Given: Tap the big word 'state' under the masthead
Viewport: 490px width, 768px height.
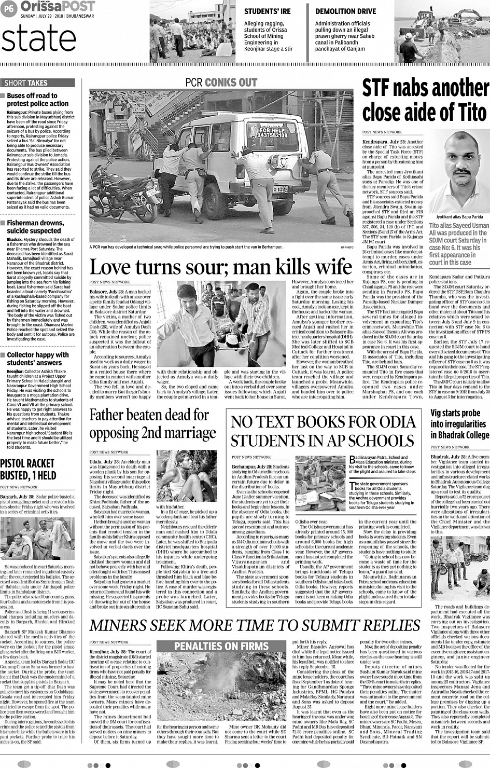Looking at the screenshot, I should point(39,39).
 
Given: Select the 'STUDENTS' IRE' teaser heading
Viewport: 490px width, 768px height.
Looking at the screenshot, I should point(267,11).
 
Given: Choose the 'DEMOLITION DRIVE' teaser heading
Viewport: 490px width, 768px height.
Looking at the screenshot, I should point(345,11).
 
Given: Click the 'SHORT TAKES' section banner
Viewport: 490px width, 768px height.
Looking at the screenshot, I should point(26,83).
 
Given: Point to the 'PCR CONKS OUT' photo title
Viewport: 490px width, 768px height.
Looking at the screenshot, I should point(221,83).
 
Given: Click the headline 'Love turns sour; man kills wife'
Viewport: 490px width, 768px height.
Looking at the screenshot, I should point(221,267).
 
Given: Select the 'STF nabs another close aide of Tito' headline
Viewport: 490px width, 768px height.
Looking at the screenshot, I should point(425,100).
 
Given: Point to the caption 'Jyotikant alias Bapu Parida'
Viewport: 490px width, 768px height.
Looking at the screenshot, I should point(459,216).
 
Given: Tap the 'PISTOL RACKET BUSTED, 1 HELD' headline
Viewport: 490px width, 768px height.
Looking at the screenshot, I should point(27,469).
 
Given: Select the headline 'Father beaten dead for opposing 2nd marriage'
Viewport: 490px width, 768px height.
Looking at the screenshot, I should point(152,424).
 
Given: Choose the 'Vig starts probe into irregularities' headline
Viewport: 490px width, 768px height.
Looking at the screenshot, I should point(459,424).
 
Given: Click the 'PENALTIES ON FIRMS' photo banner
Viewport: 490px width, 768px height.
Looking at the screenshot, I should point(221,646).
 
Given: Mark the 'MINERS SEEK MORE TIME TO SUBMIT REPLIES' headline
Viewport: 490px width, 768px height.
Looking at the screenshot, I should point(247,625).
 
